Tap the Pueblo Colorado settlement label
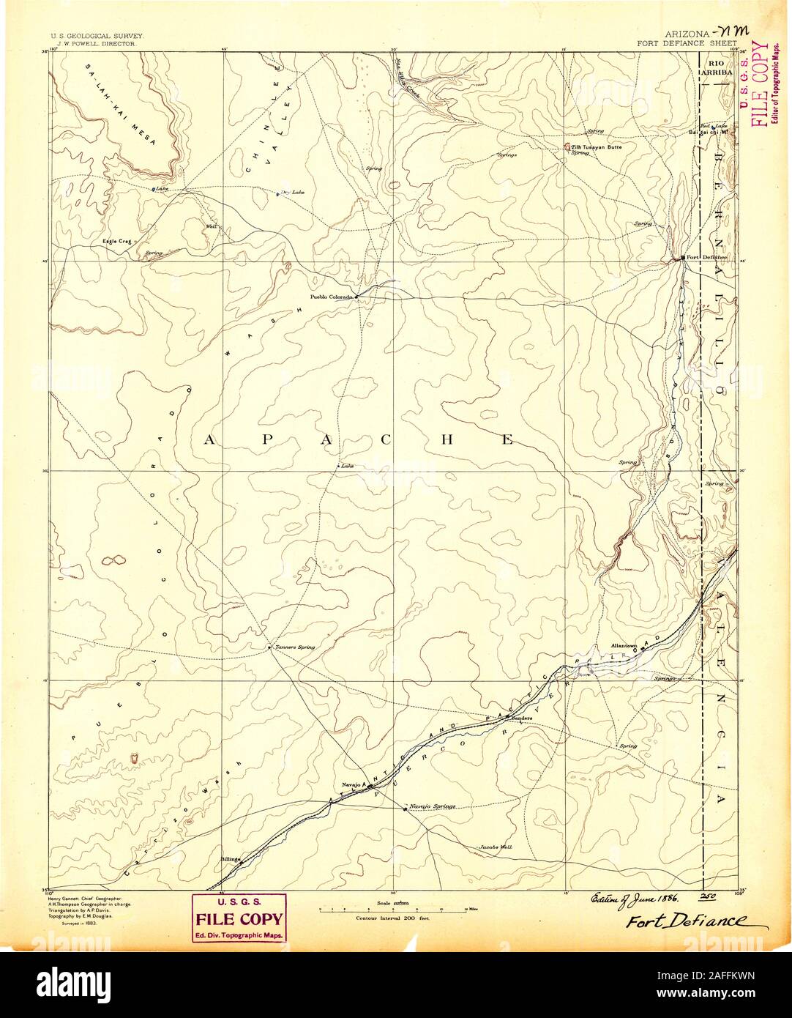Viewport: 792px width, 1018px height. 332,297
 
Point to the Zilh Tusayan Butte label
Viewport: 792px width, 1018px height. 597,147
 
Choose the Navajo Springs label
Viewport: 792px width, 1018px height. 433,806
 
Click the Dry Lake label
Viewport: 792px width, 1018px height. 292,193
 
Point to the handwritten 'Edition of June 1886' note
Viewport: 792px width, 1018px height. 633,899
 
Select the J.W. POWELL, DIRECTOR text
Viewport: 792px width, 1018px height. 88,43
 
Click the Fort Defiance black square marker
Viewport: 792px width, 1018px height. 682,258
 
